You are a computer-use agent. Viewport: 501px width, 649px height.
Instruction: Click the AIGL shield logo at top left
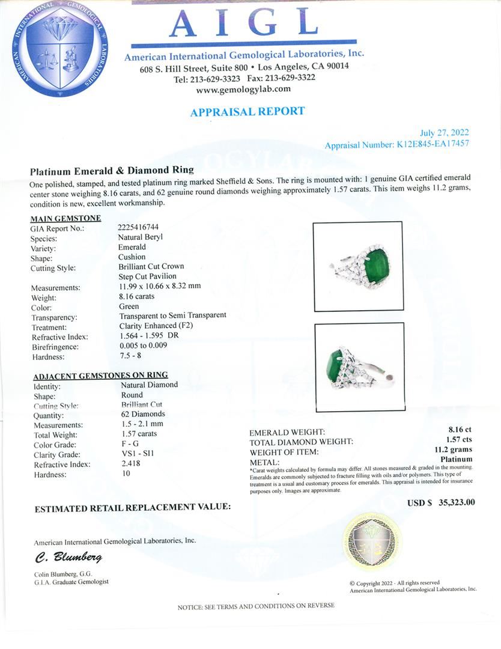click(x=59, y=49)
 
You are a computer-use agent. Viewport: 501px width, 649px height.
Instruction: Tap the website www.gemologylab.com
click(x=243, y=89)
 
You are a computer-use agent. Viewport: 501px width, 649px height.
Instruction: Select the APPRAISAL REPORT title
click(x=247, y=112)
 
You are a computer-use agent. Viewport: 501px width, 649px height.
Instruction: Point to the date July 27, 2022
click(x=445, y=133)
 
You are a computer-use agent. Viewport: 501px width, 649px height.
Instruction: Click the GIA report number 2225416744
click(x=139, y=228)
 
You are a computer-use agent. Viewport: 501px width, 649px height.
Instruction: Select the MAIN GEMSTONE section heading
click(x=65, y=218)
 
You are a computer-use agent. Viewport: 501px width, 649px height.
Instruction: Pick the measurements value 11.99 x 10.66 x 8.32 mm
click(x=160, y=286)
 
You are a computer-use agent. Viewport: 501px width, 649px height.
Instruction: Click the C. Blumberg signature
click(x=68, y=557)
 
